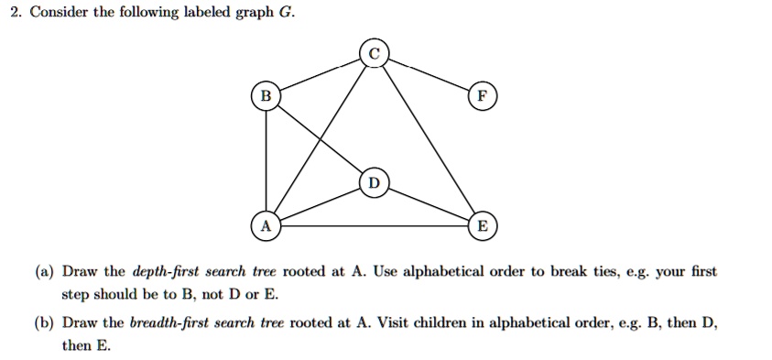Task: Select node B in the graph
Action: point(266,95)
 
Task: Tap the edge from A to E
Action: point(374,226)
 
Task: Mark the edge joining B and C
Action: point(319,73)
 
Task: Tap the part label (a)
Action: point(44,272)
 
